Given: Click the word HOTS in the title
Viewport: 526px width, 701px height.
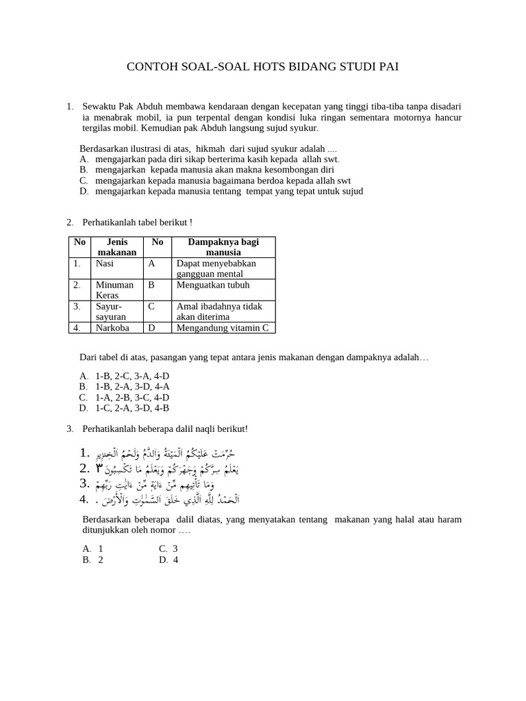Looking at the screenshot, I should coord(249,66).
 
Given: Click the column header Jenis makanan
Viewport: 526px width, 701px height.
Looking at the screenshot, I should coord(116,247).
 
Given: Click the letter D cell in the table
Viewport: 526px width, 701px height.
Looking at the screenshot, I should coord(151,328).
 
